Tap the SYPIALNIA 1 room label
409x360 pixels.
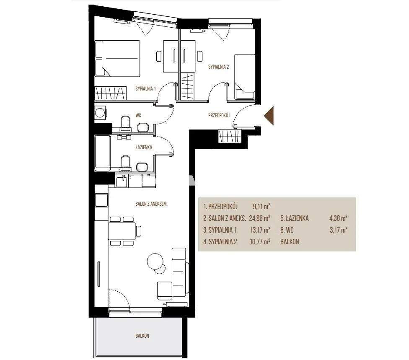point(145,89)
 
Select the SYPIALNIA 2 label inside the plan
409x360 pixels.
point(219,67)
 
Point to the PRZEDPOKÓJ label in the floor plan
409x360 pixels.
point(219,115)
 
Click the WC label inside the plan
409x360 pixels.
point(138,115)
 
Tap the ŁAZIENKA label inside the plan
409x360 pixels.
point(144,147)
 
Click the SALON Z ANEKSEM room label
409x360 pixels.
point(151,204)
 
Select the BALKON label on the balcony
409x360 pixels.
point(142,336)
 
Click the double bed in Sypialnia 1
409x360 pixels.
point(117,58)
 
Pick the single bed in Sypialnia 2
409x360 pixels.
point(244,77)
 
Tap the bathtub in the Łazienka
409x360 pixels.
point(103,153)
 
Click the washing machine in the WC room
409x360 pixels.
point(101,113)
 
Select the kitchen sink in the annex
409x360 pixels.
point(122,181)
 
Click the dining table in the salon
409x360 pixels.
point(122,231)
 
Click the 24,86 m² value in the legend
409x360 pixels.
point(259,218)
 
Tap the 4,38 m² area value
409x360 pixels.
point(338,218)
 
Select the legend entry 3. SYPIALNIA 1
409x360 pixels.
point(220,230)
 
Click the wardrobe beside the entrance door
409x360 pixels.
point(230,136)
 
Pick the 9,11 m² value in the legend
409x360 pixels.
point(261,207)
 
